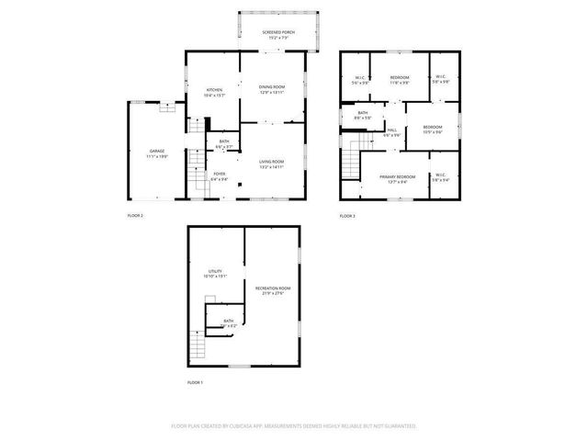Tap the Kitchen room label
coord(215,90)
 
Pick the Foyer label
coord(220,174)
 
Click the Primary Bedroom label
coord(397,176)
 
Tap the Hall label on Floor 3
coord(391,130)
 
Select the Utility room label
coord(215,272)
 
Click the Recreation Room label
coord(271,289)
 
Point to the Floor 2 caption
coord(134,216)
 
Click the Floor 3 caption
coord(347,216)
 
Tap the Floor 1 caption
coord(195,381)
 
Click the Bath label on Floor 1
coord(228,322)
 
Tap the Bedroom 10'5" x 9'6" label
coord(432,128)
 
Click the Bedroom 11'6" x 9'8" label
coord(399,78)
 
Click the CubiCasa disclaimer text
coord(294,426)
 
